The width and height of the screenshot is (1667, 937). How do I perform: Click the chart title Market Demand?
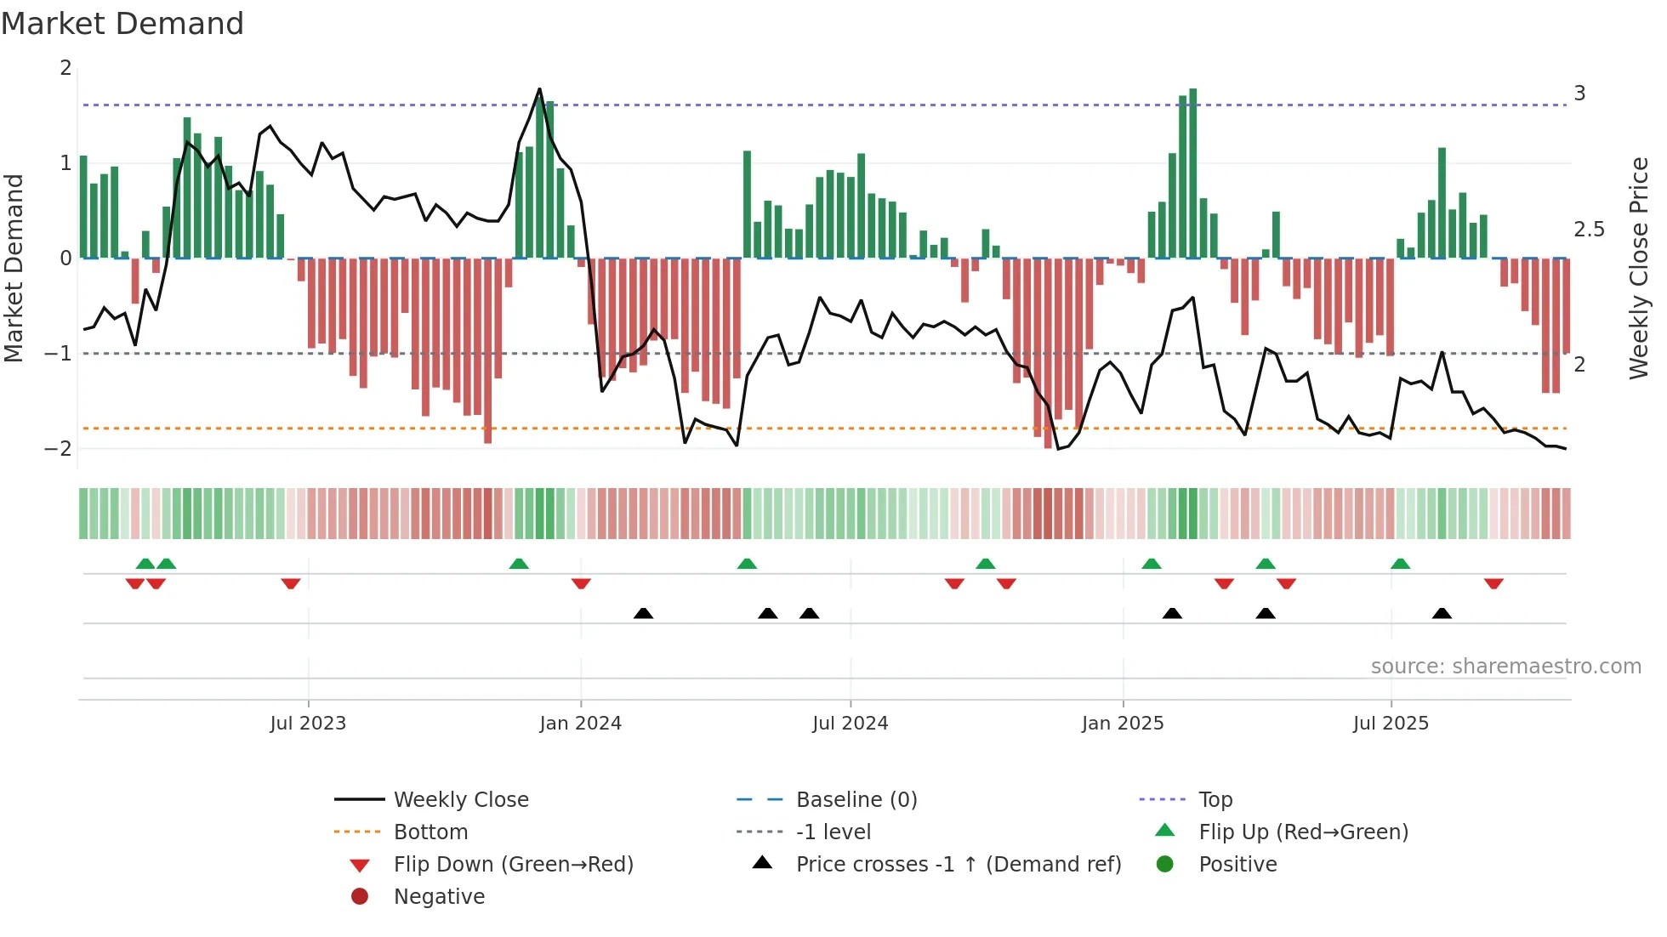point(122,24)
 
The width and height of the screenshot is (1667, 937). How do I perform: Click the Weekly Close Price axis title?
point(1638,268)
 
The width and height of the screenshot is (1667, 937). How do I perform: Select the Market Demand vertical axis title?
point(14,268)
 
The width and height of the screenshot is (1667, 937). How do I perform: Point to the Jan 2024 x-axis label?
point(580,724)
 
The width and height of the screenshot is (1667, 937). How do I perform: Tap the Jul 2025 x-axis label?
point(1391,724)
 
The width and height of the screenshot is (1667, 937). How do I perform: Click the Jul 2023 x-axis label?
point(308,724)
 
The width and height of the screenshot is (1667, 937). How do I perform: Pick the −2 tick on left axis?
point(58,449)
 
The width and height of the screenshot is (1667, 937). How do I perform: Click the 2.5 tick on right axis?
point(1589,230)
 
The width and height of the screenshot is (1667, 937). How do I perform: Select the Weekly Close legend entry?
point(460,800)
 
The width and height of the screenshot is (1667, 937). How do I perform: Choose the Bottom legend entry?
point(430,832)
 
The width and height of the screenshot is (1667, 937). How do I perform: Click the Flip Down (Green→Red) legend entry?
point(513,865)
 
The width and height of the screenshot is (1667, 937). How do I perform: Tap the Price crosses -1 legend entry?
point(958,865)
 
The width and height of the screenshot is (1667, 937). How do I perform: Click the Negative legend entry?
point(439,897)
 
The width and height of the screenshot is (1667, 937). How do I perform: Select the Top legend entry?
point(1215,800)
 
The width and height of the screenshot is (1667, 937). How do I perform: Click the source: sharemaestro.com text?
point(1505,667)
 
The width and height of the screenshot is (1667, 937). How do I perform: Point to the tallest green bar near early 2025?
point(1192,170)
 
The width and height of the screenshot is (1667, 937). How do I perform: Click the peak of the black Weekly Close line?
point(539,89)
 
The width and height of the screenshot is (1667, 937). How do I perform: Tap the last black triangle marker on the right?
point(1442,613)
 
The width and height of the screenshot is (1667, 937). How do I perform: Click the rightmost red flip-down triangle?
point(1493,583)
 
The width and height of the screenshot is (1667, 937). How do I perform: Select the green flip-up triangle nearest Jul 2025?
point(1400,564)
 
